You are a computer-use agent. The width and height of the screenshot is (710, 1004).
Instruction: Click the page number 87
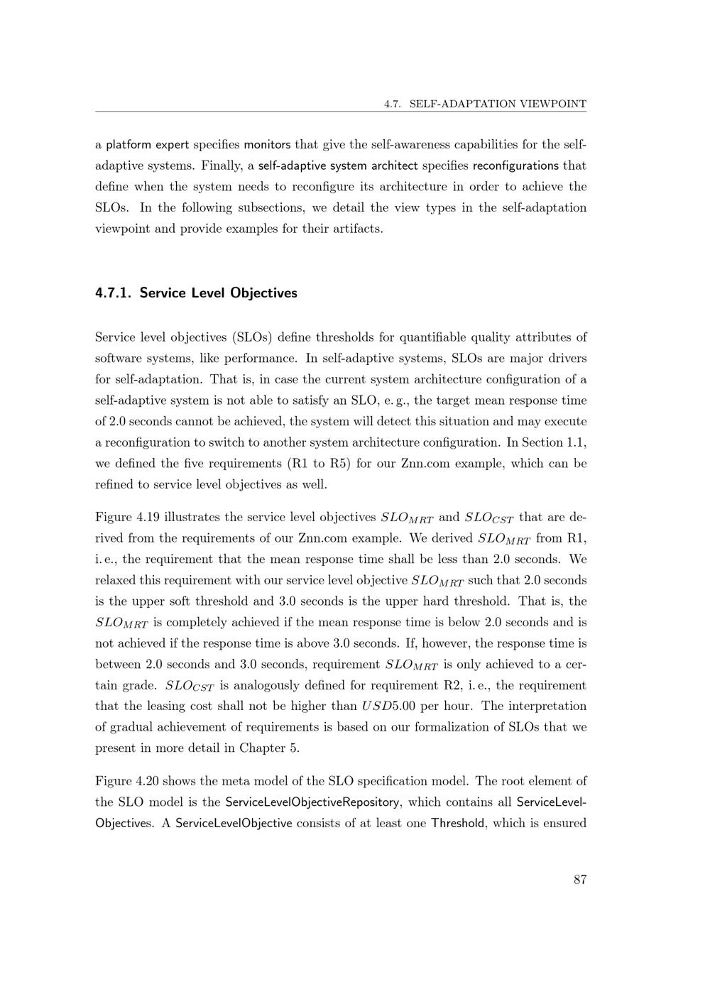580,880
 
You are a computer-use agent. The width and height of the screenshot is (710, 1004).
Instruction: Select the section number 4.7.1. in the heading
114,293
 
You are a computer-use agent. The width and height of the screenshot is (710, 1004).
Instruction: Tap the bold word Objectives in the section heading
263,293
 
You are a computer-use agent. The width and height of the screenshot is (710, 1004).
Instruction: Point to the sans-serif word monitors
267,145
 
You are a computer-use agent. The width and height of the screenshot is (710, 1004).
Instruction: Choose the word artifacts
356,229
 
